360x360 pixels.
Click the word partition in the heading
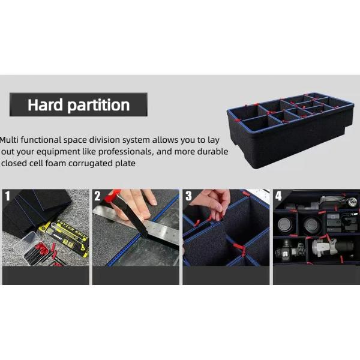click(98, 106)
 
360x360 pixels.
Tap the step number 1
click(7, 196)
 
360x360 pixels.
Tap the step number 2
click(97, 196)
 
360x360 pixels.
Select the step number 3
click(188, 196)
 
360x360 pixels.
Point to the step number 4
click(278, 196)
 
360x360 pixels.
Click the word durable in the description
click(213, 151)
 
